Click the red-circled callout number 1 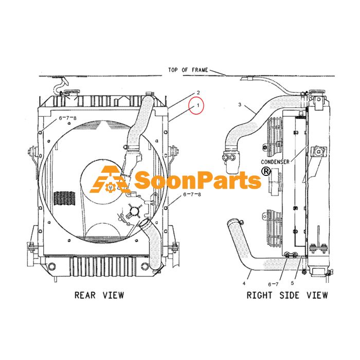(198, 105)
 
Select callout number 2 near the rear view (199, 93)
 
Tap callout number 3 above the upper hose (240, 105)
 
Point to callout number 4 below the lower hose (244, 283)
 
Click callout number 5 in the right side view (292, 283)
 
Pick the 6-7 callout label (273, 284)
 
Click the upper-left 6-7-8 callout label (68, 118)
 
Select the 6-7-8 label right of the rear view (192, 194)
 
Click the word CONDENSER (275, 162)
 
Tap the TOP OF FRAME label (188, 70)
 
